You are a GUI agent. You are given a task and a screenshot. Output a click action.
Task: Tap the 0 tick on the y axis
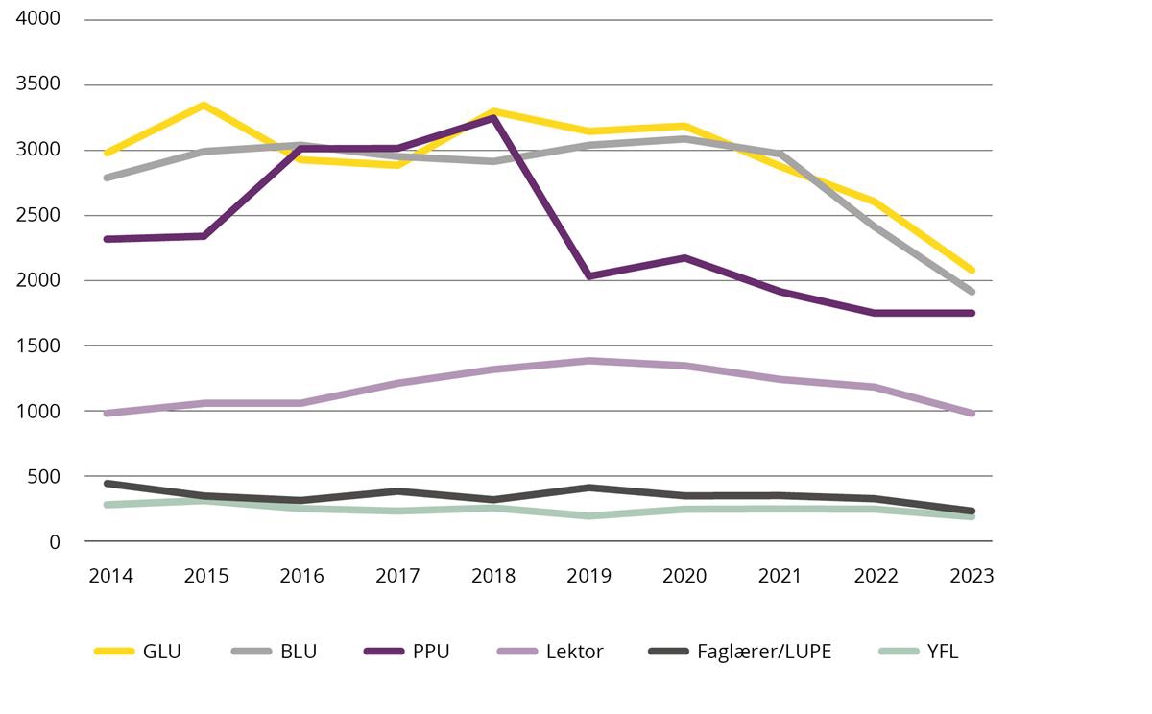[x=55, y=541]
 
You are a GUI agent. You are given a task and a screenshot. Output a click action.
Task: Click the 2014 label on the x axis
[x=110, y=576]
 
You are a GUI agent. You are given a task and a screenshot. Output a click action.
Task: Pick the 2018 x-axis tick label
[x=493, y=576]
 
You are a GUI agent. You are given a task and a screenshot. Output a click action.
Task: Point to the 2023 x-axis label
[x=972, y=576]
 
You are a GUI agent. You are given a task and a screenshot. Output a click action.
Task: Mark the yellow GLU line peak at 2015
[x=204, y=105]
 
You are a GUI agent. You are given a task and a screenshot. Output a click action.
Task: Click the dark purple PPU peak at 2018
[x=493, y=117]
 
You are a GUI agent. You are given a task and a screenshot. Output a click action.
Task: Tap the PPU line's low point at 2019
[x=588, y=276]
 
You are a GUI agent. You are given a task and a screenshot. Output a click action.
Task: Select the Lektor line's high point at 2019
[x=588, y=361]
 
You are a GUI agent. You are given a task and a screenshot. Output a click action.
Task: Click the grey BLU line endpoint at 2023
[x=972, y=292]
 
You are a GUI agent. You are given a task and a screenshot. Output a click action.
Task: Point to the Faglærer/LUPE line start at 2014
[x=108, y=483]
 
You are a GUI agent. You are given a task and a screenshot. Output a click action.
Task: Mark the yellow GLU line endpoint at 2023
[x=972, y=271]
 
